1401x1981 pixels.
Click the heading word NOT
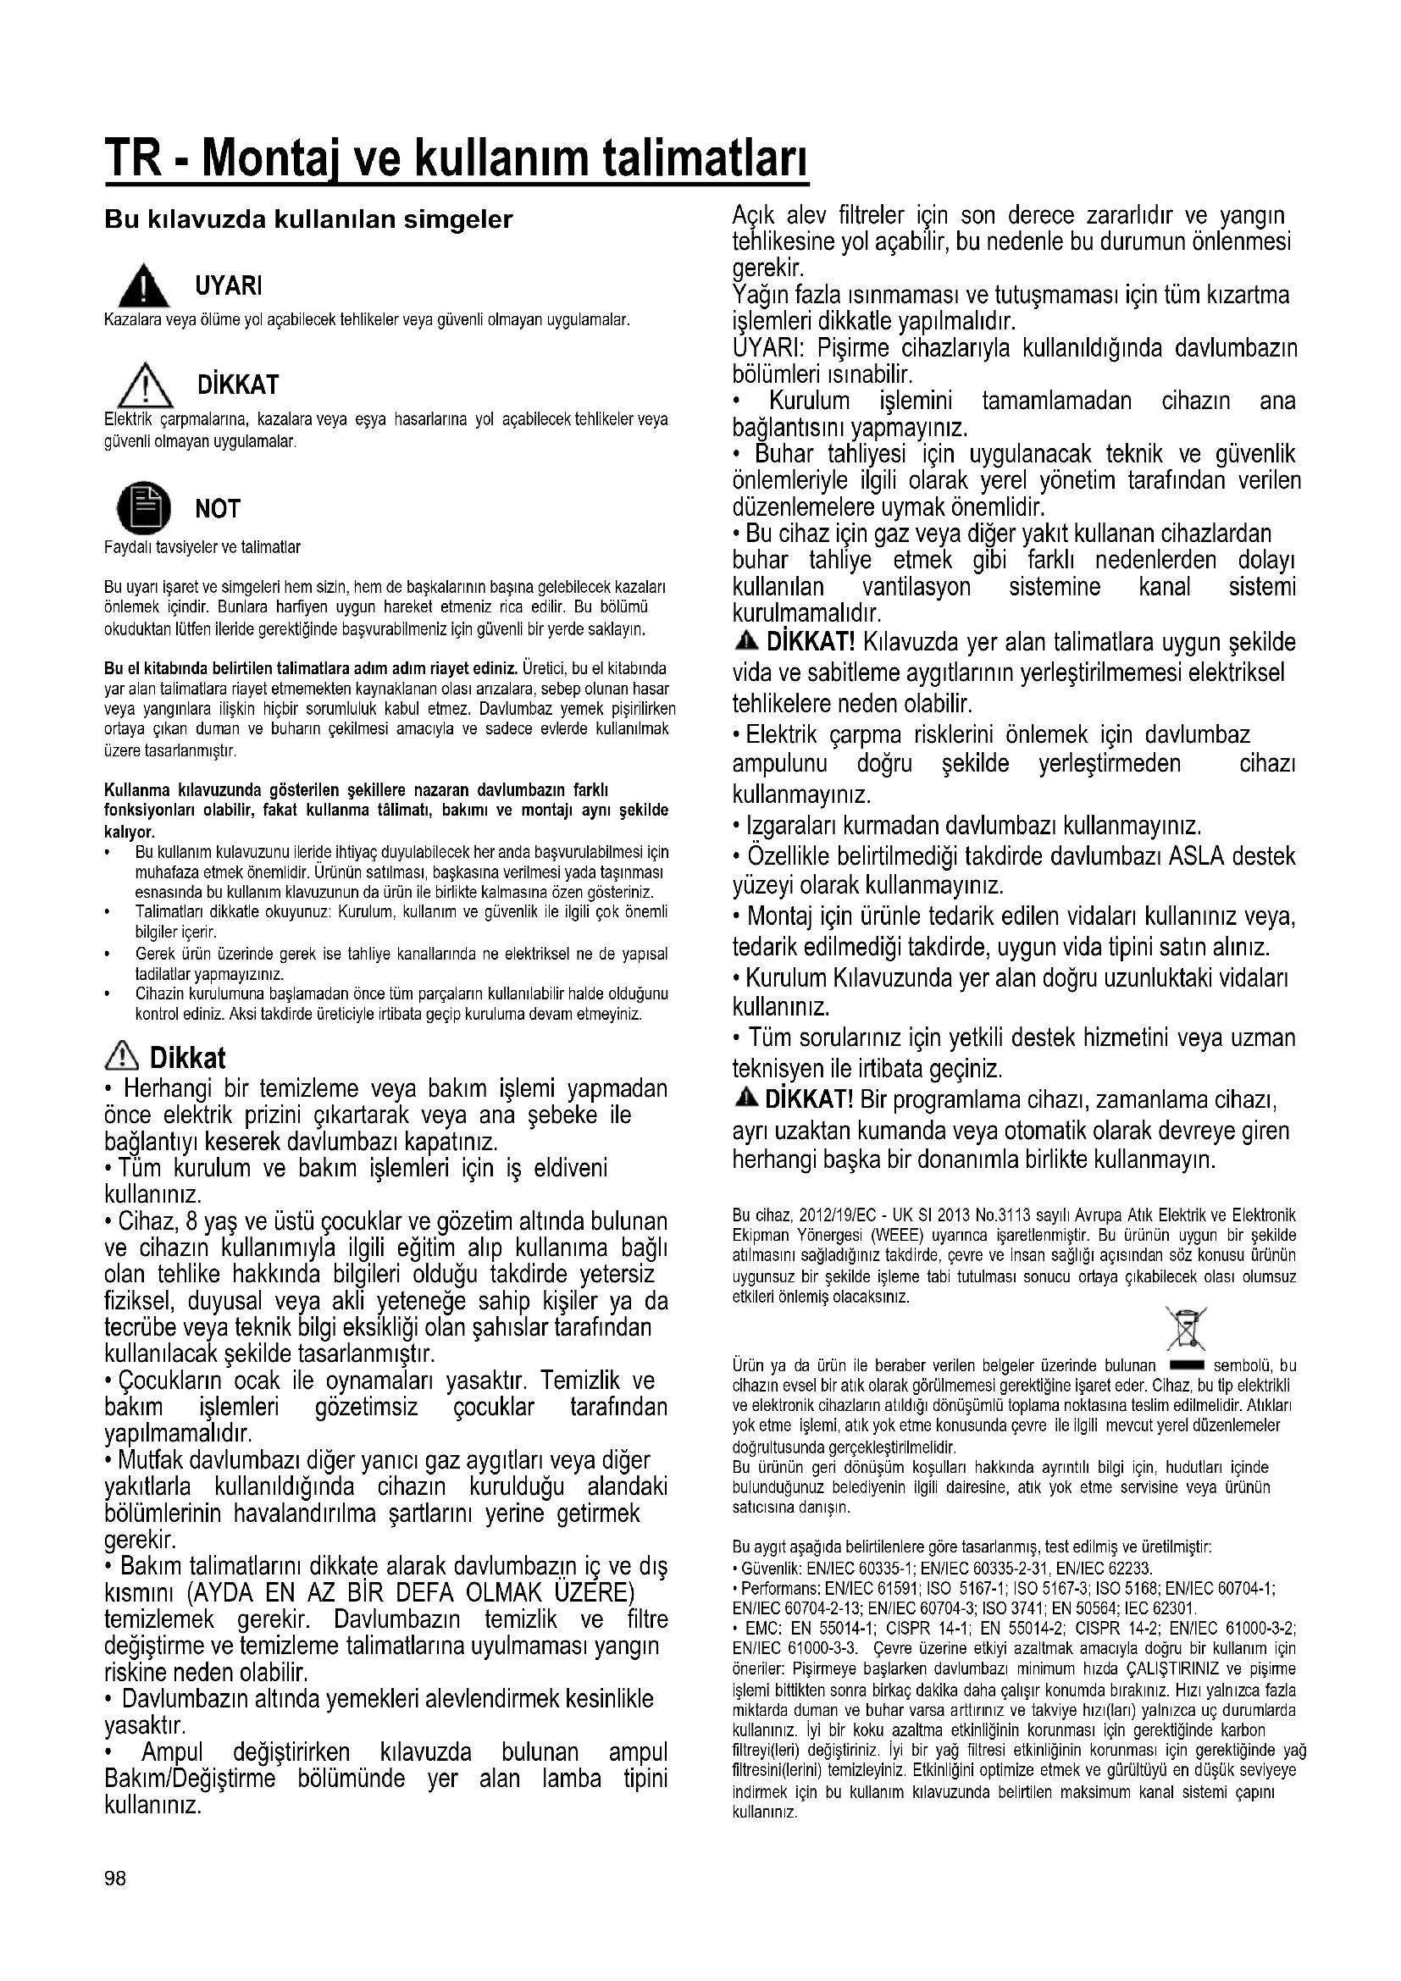[x=218, y=509]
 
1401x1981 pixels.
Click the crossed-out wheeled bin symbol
[x=1186, y=1329]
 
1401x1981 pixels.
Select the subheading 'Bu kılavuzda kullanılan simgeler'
[x=308, y=220]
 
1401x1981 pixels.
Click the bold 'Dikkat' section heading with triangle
[x=187, y=1058]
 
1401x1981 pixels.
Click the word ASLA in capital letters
[x=1197, y=857]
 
